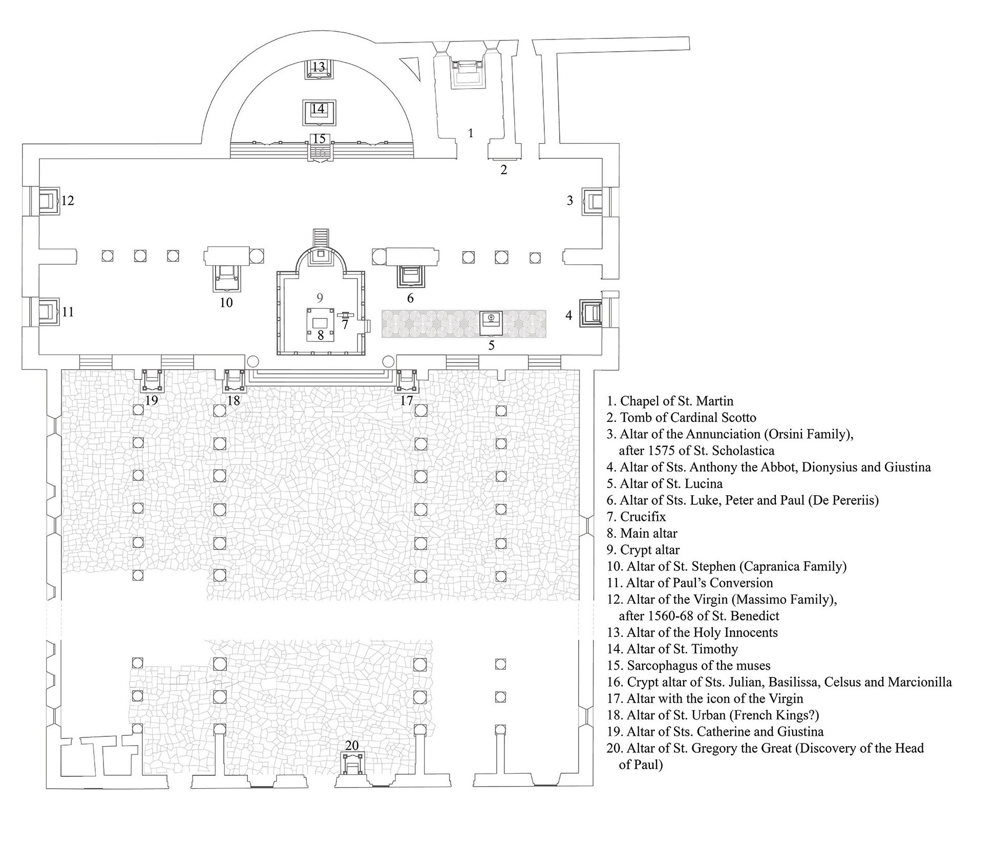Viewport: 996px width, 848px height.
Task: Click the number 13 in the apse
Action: (319, 67)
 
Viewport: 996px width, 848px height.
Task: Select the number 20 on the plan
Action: (352, 746)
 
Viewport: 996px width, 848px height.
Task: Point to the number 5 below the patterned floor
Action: (491, 346)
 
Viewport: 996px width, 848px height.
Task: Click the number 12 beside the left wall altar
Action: (68, 200)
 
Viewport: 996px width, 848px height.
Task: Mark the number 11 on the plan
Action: (68, 312)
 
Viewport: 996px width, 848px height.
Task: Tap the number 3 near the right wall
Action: (569, 200)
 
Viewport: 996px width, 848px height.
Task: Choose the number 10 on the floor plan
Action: (226, 303)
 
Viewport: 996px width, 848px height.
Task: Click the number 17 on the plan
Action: (406, 400)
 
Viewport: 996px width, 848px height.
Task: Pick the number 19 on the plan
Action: (152, 400)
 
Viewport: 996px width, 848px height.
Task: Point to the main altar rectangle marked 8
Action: (321, 323)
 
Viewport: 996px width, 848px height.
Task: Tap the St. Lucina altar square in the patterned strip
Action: (491, 324)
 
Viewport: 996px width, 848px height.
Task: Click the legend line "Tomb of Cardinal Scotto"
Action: (681, 417)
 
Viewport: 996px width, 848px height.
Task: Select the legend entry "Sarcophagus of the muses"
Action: (688, 665)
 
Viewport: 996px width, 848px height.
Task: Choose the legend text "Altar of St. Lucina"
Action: (665, 483)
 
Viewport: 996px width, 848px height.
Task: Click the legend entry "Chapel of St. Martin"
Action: (670, 401)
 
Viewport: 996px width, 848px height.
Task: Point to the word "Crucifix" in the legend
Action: (643, 517)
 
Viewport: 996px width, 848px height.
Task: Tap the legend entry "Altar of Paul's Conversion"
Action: (690, 583)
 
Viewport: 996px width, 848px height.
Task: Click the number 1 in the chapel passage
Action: (471, 133)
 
